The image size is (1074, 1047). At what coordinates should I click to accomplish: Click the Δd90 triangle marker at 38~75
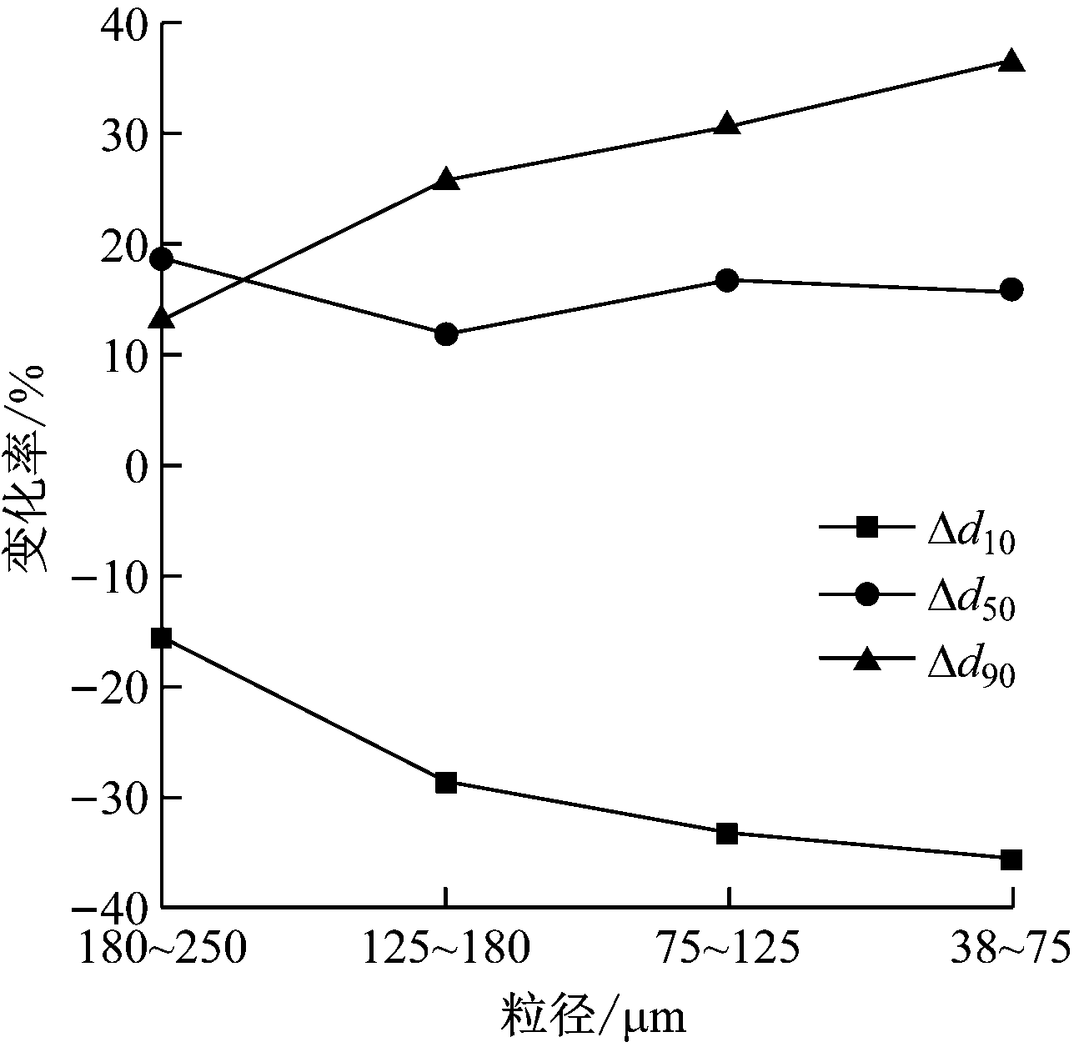pyautogui.click(x=1011, y=61)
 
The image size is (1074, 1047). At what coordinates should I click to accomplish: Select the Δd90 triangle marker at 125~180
pyautogui.click(x=446, y=179)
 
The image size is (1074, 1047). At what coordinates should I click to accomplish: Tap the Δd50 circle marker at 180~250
pyautogui.click(x=162, y=258)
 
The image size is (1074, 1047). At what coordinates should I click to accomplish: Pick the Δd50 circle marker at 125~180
pyautogui.click(x=446, y=334)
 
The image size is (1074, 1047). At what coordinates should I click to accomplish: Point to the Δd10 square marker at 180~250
pyautogui.click(x=162, y=639)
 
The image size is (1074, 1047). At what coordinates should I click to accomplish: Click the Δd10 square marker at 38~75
pyautogui.click(x=1011, y=859)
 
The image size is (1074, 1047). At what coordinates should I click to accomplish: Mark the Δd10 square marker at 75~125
pyautogui.click(x=727, y=833)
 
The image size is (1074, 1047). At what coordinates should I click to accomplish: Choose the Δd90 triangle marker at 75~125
pyautogui.click(x=727, y=125)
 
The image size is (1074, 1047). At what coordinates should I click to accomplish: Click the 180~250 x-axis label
pyautogui.click(x=162, y=948)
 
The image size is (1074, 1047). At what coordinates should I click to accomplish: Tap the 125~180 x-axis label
pyautogui.click(x=446, y=948)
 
